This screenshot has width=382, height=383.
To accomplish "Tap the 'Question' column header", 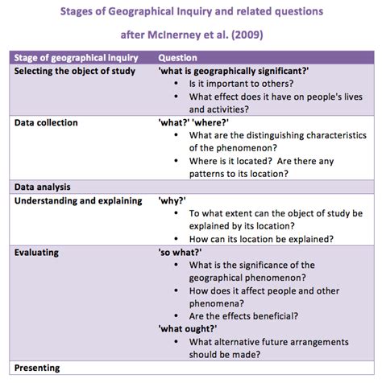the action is coord(178,58).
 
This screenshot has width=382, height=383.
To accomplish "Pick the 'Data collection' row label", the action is coord(46,122).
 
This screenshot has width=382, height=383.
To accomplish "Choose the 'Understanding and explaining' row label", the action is coord(78,200).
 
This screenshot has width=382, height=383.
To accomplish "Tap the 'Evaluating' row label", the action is coord(36,252).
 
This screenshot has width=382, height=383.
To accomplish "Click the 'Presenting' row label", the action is coord(37,368).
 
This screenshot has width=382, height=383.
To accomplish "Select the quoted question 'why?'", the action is coord(172,200).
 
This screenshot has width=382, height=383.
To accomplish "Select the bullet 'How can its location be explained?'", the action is coord(261,238).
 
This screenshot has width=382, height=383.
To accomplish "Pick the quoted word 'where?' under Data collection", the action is coord(208,122).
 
